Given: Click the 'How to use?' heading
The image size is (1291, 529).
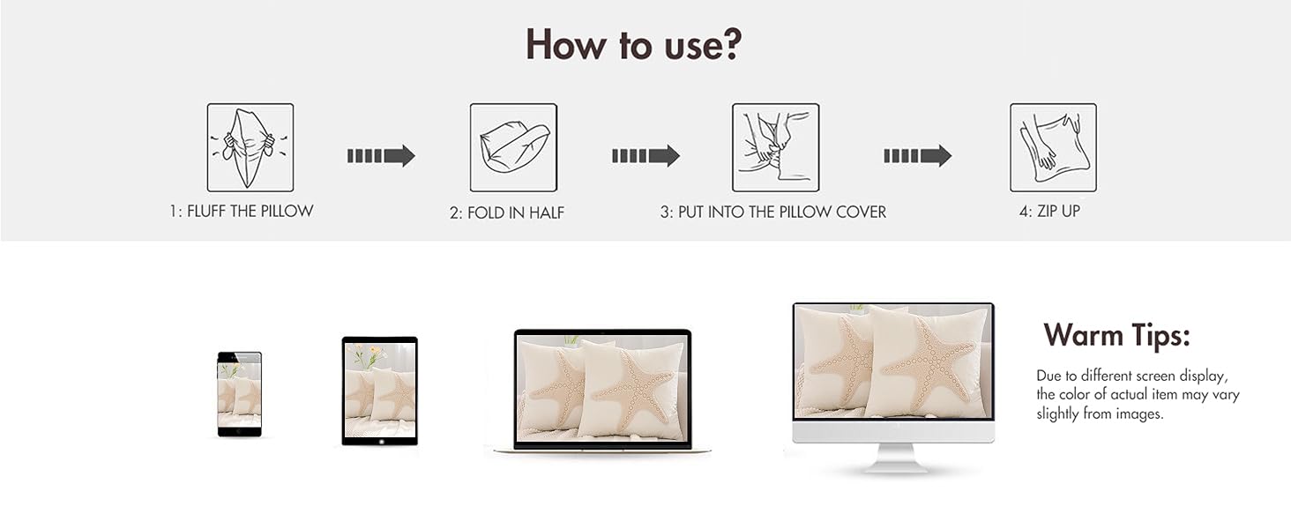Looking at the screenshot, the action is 633,44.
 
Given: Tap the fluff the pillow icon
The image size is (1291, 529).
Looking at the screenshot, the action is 250,147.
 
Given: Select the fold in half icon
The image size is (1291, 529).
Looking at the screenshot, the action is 513,147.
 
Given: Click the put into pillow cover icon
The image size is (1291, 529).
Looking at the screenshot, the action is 776,147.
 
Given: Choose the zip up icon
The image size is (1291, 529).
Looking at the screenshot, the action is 1053,147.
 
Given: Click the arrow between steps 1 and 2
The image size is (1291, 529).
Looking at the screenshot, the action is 381,155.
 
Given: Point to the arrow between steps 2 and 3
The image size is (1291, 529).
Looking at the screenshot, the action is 645,155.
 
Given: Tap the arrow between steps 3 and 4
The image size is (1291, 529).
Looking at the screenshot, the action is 917,155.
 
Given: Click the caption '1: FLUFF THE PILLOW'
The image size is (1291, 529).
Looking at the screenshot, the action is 242,211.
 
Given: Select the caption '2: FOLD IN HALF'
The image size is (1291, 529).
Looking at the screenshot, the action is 506,212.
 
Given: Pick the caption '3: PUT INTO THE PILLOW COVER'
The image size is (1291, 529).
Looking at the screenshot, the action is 772,212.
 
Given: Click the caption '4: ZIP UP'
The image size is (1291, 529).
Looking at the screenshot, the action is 1049,212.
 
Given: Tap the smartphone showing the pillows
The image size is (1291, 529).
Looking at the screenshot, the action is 239,394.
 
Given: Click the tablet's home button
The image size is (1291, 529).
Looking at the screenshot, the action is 380,442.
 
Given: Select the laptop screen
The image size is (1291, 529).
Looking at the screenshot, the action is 603,388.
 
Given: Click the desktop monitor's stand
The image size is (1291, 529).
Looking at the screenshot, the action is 894,458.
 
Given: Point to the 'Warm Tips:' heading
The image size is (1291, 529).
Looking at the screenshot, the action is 1116,335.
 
